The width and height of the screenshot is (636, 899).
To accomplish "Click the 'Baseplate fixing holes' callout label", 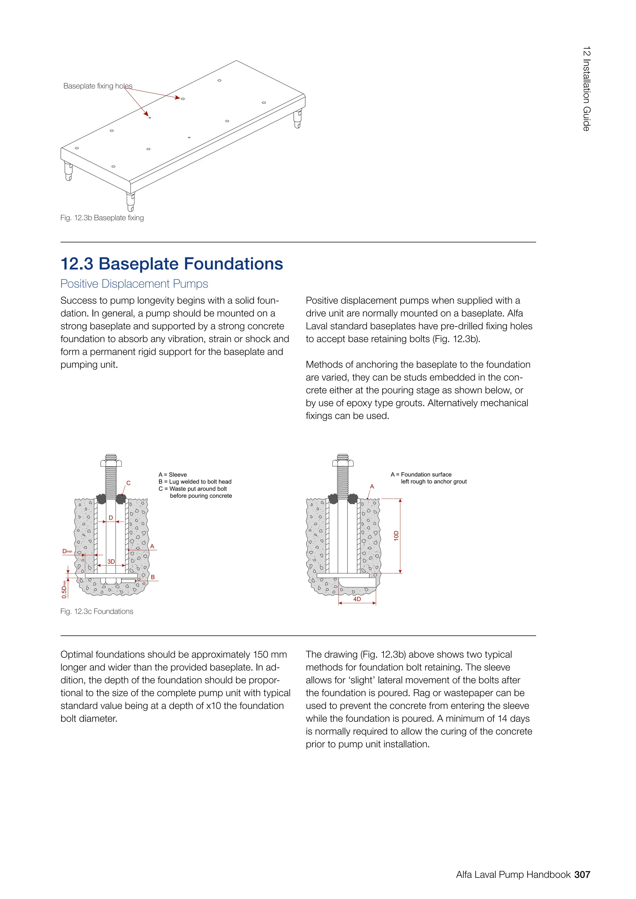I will click(x=98, y=86).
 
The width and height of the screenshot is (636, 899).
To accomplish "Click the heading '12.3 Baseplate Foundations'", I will click(x=171, y=264).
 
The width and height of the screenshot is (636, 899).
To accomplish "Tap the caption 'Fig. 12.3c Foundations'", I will click(x=97, y=611).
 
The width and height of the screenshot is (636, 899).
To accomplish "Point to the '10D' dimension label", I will click(x=396, y=535).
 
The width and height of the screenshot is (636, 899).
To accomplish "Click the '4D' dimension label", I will click(x=357, y=599).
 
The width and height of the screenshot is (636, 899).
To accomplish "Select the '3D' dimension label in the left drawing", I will click(x=111, y=562).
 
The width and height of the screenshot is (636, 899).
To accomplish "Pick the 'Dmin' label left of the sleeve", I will click(x=67, y=551).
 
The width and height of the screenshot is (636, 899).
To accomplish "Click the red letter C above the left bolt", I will click(x=129, y=483).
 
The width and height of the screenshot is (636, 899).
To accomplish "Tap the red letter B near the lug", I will click(x=153, y=577).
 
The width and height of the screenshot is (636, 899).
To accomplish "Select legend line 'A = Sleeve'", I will click(x=173, y=475).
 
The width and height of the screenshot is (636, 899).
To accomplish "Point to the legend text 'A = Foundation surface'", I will click(x=421, y=475).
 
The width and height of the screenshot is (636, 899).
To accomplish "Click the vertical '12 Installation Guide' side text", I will click(x=586, y=89).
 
